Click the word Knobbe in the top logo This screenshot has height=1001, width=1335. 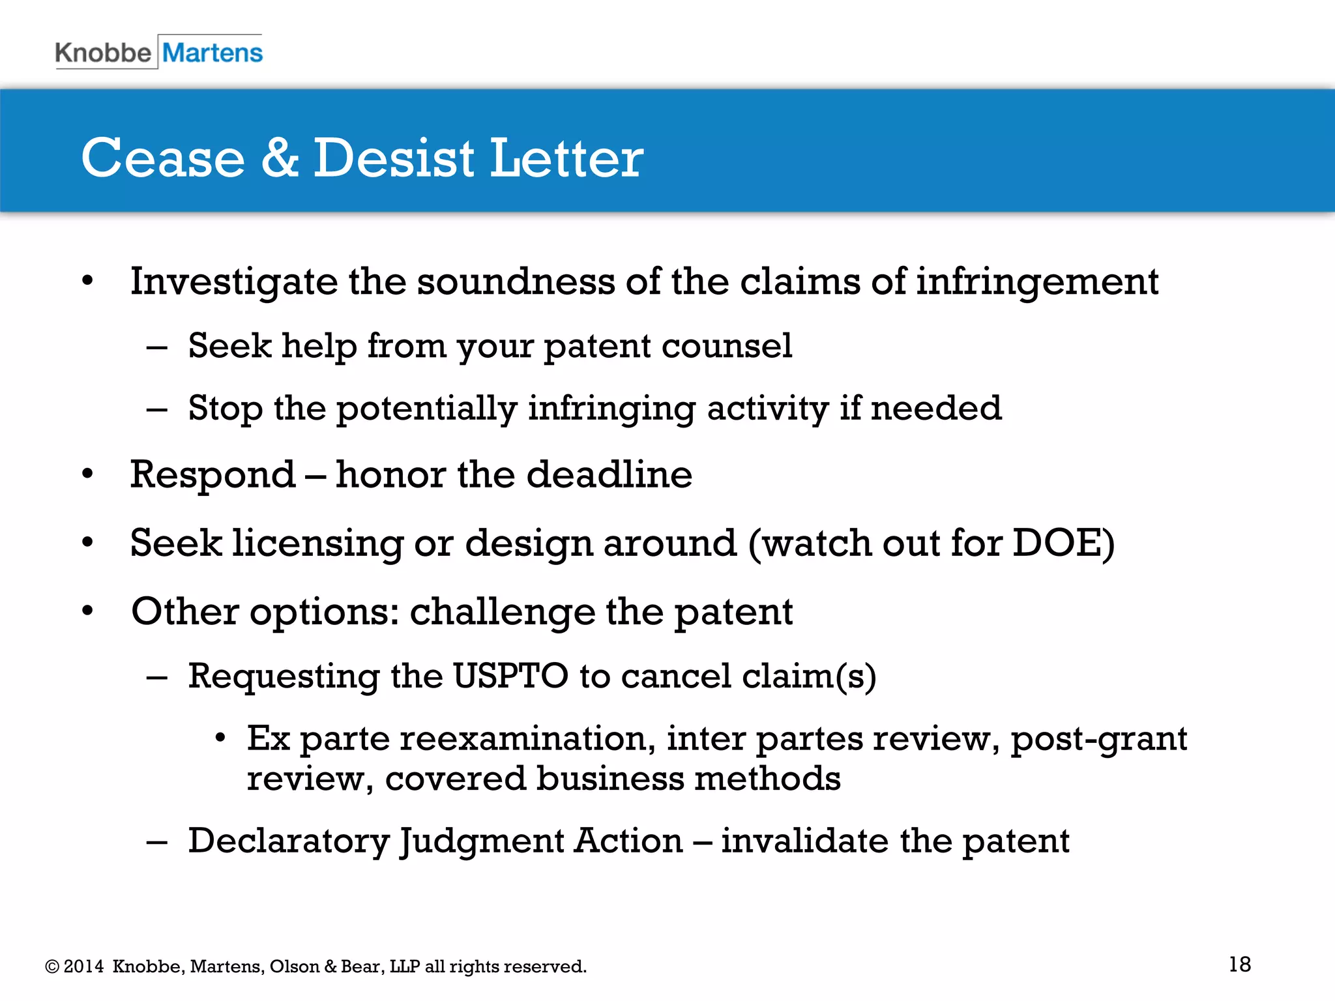pos(103,53)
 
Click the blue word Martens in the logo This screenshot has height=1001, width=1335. pos(213,53)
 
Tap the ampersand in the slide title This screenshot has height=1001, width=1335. pos(280,158)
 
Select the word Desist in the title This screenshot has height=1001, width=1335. pos(394,158)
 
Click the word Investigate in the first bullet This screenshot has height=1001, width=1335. pos(234,282)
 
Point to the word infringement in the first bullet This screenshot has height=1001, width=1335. pos(1037,282)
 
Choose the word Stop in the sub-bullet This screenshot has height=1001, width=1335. pos(226,409)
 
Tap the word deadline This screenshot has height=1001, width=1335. pos(609,474)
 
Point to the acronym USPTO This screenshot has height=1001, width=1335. pos(510,676)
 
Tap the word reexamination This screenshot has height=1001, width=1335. pos(527,739)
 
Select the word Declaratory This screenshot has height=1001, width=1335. pos(289,841)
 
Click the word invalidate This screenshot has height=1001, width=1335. pos(804,841)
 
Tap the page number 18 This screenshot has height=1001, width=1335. pos(1240,965)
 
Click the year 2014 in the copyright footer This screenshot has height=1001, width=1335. pos(83,966)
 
